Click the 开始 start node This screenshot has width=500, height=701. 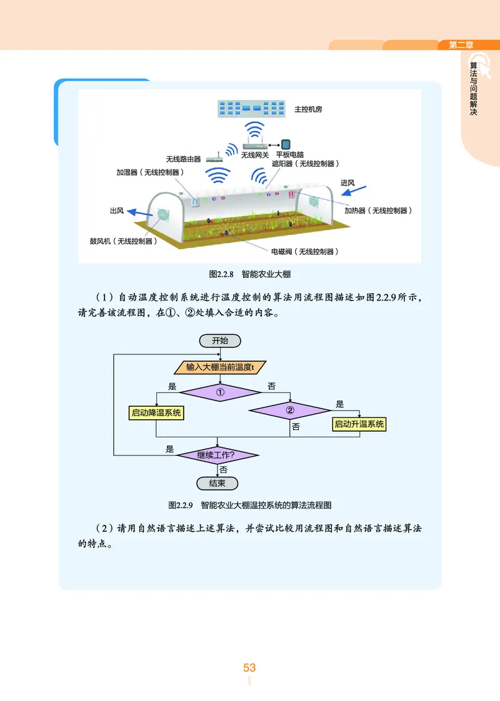pyautogui.click(x=219, y=341)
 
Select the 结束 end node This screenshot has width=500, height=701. pyautogui.click(x=217, y=484)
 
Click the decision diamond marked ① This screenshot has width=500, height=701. pyautogui.click(x=219, y=392)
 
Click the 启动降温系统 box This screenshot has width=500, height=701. pyautogui.click(x=157, y=412)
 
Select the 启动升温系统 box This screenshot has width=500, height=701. pyautogui.click(x=359, y=424)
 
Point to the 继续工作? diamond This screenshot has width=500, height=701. pyautogui.click(x=217, y=454)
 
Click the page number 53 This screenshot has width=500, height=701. pyautogui.click(x=249, y=668)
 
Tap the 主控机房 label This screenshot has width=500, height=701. pyautogui.click(x=308, y=109)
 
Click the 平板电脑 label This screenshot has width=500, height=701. pyautogui.click(x=290, y=154)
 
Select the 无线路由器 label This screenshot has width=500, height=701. pyautogui.click(x=183, y=159)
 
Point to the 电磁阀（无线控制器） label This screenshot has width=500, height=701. pyautogui.click(x=304, y=252)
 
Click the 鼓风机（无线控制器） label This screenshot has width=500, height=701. pyautogui.click(x=122, y=241)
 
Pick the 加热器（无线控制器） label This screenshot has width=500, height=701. pyautogui.click(x=379, y=211)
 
